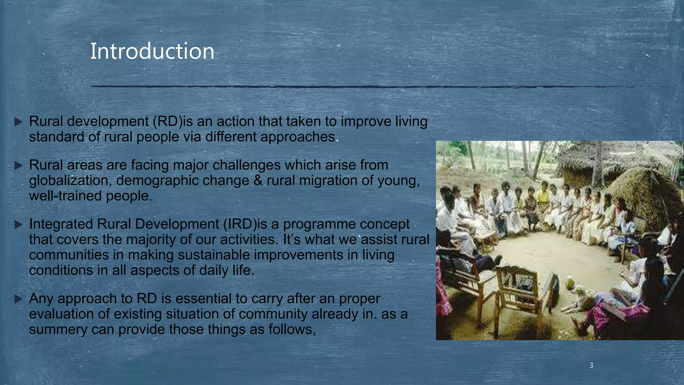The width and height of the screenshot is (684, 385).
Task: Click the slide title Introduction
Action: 152,51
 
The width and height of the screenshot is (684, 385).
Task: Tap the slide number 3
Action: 591,365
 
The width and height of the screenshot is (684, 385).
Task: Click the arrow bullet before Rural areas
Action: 19,165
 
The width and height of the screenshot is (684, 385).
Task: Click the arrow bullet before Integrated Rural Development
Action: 19,225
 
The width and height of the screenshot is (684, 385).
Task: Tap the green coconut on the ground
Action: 570,285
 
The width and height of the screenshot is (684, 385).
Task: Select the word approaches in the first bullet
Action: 298,137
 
